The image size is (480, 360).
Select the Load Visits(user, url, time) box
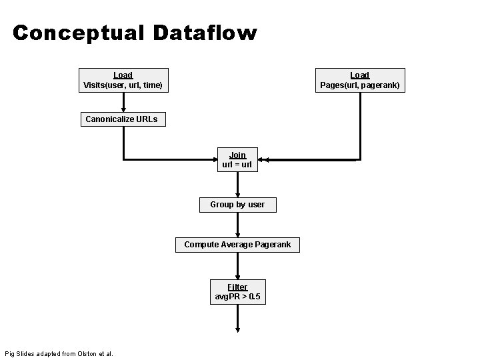(123, 80)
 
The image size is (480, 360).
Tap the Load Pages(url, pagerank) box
(360, 80)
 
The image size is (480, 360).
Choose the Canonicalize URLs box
(122, 119)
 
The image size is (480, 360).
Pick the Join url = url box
(237, 160)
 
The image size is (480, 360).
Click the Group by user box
(237, 205)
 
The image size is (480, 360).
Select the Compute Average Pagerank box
(237, 245)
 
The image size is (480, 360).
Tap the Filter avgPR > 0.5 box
(237, 291)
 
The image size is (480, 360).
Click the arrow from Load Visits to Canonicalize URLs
(123, 102)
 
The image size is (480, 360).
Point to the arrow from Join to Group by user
(237, 185)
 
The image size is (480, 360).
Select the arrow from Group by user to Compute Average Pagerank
(237, 225)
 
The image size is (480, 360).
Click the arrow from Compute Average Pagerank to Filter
(237, 266)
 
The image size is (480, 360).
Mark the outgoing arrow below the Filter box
(237, 319)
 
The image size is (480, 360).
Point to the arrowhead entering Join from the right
(263, 160)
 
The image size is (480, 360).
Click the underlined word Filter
(237, 287)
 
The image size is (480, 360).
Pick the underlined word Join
(237, 155)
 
